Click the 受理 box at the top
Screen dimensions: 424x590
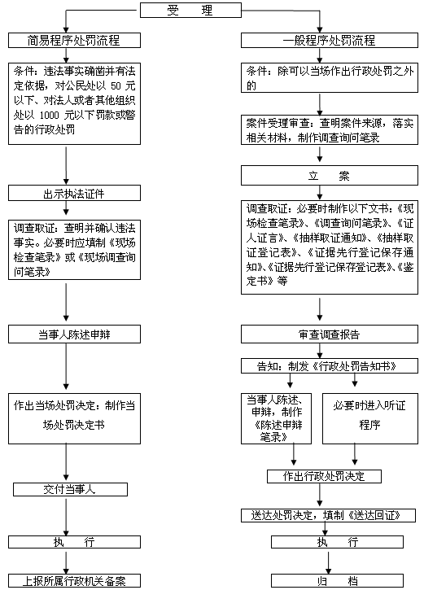click(190, 10)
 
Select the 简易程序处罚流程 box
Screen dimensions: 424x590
click(75, 40)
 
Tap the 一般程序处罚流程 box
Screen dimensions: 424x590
click(330, 40)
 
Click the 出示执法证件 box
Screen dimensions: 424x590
click(75, 193)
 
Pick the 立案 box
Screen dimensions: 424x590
click(330, 176)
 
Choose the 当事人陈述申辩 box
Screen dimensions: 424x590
click(75, 334)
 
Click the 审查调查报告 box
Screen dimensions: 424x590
click(330, 334)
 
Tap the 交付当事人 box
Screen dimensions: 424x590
click(70, 490)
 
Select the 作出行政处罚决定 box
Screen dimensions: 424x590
click(324, 476)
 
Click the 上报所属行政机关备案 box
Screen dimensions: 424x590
click(75, 580)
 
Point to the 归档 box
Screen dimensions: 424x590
click(337, 580)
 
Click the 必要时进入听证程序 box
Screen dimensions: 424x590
click(370, 419)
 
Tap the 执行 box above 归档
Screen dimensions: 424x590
click(337, 542)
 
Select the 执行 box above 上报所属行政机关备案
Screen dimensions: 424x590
click(75, 542)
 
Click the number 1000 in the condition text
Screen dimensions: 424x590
click(50, 115)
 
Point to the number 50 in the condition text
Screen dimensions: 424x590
click(116, 86)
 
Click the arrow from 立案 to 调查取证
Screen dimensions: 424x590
click(320, 193)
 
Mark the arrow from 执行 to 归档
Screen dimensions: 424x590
click(329, 562)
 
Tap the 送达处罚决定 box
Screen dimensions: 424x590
click(328, 515)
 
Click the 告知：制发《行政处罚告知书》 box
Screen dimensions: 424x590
click(330, 365)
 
